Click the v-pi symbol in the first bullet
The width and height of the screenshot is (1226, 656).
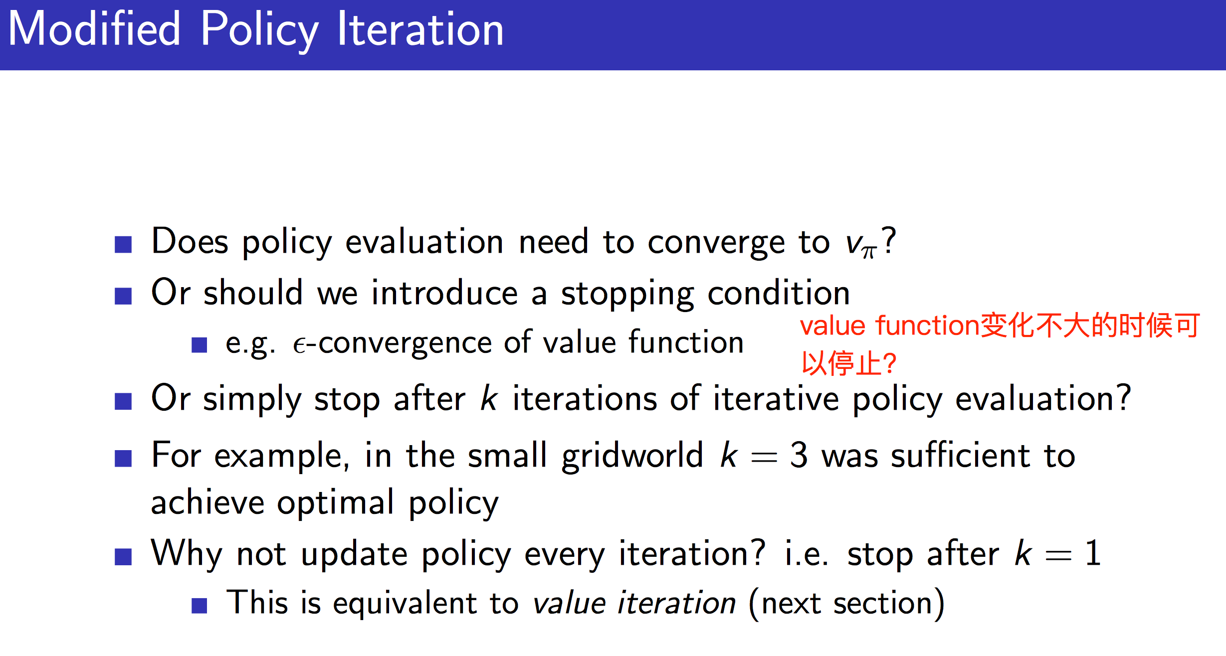860,245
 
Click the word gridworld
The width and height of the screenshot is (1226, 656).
632,457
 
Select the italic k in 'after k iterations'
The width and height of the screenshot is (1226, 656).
489,399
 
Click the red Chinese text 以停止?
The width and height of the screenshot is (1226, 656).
848,363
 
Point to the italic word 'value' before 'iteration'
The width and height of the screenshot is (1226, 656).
569,603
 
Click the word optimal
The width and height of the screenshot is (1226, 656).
335,503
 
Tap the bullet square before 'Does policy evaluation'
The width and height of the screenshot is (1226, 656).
123,244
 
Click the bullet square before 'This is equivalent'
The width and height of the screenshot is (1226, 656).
199,606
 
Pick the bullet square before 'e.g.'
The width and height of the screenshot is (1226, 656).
199,345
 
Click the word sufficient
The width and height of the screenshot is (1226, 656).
960,456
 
